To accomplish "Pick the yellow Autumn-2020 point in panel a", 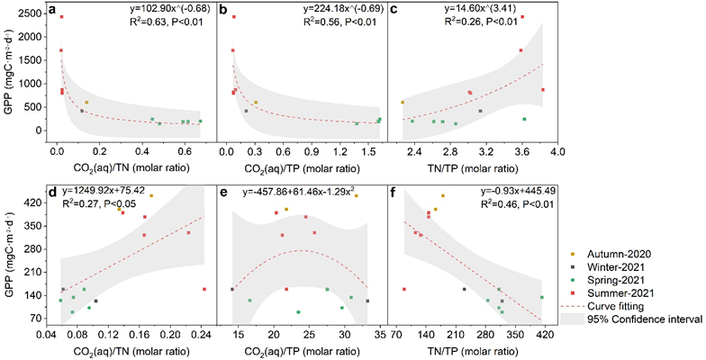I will click(x=86, y=103).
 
